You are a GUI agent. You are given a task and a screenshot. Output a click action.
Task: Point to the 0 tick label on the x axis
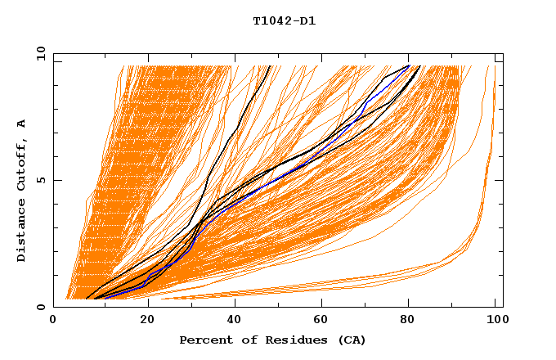coord(53,321)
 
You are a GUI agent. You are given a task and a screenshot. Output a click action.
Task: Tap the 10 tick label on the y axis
coord(38,54)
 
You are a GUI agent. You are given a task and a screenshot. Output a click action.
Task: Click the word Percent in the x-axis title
coord(204,340)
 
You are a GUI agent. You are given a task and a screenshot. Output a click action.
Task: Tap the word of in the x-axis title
coord(245,340)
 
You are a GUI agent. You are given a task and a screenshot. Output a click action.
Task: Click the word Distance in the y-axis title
coord(22,230)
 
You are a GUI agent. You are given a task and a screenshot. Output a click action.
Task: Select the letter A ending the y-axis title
coord(22,124)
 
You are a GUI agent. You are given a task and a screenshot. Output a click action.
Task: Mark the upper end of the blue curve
coord(409,65)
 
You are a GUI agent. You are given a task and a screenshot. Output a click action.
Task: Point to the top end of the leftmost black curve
coord(269,65)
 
